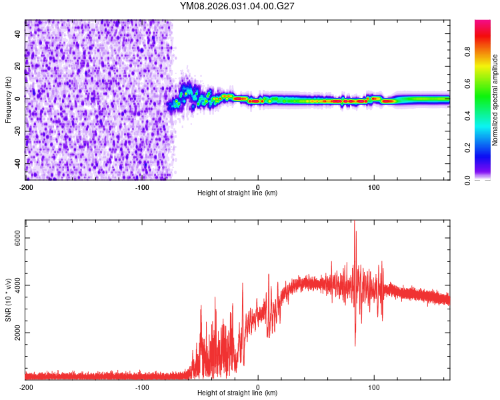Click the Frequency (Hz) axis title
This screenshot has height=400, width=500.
8,100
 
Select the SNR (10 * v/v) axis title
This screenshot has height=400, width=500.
8,300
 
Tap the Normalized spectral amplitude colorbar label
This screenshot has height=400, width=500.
495,100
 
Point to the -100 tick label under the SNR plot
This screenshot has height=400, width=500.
142,387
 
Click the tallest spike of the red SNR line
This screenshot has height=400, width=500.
355,223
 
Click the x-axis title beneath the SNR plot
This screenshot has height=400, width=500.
237,393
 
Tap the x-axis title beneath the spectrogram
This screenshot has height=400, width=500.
237,193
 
